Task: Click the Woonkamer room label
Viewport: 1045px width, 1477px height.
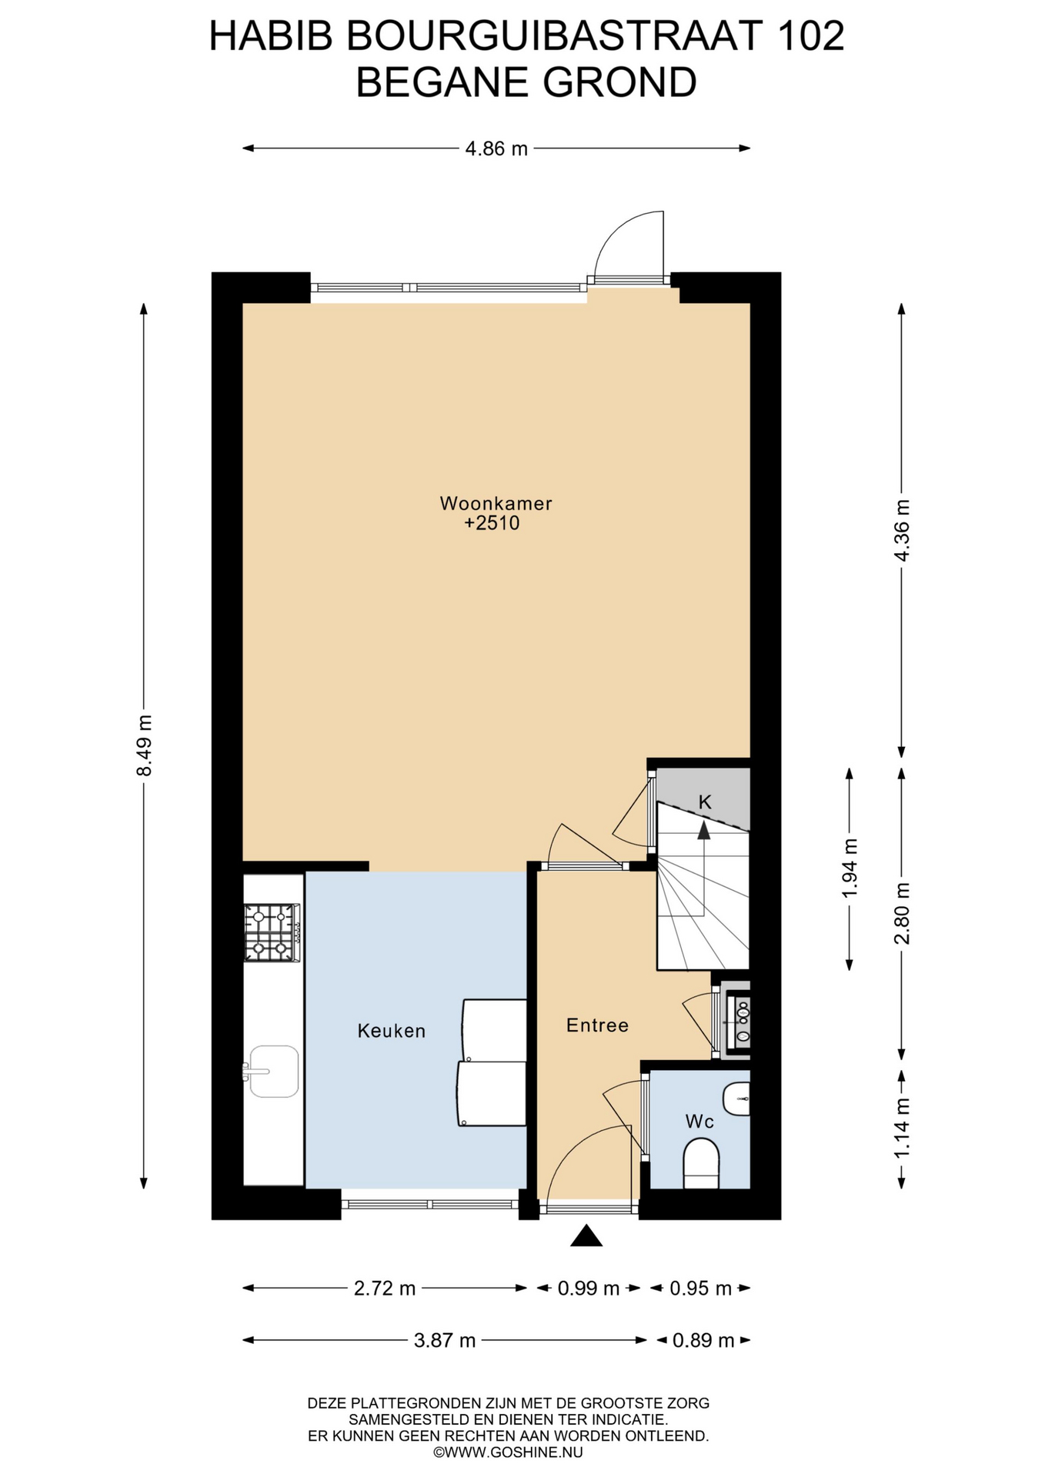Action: [496, 504]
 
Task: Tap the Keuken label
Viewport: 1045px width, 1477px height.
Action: [391, 1031]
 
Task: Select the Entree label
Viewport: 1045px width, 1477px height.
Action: [597, 1025]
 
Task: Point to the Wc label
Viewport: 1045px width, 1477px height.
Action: [699, 1122]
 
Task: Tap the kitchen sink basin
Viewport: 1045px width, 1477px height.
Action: [272, 1071]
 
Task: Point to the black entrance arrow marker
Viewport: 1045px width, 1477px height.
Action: [586, 1235]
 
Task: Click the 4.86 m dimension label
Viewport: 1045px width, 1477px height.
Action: [496, 148]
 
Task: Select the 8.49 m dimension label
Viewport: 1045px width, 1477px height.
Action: [144, 745]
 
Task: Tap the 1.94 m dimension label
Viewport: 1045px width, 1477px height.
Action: [850, 868]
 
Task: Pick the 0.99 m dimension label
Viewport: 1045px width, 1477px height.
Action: [588, 1289]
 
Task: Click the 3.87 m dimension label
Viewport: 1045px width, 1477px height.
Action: [445, 1341]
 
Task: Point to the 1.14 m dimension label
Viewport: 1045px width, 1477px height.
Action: [902, 1127]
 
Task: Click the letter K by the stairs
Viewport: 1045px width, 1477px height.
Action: [705, 802]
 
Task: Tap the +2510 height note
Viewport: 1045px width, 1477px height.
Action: [492, 524]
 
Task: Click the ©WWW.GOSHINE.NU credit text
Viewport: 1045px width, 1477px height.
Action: [508, 1452]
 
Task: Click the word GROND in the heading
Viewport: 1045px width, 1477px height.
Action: [619, 82]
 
